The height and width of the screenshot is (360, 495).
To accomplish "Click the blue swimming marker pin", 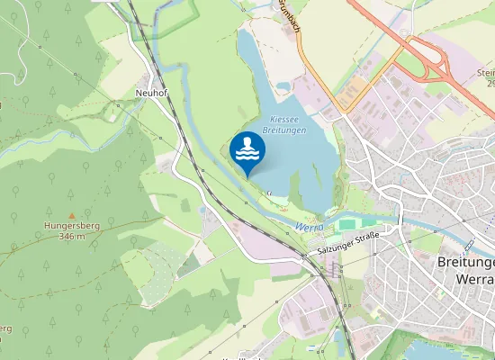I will click(247, 154).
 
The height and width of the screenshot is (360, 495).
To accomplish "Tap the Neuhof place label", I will click(150, 93).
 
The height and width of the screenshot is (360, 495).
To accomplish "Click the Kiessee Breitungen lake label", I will click(284, 125).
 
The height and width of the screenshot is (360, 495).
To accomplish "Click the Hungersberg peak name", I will click(65, 226).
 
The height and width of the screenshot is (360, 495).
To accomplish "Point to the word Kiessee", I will click(284, 119).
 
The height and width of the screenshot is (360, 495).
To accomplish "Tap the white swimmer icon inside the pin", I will click(247, 149).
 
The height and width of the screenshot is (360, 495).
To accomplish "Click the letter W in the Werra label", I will click(298, 227).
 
